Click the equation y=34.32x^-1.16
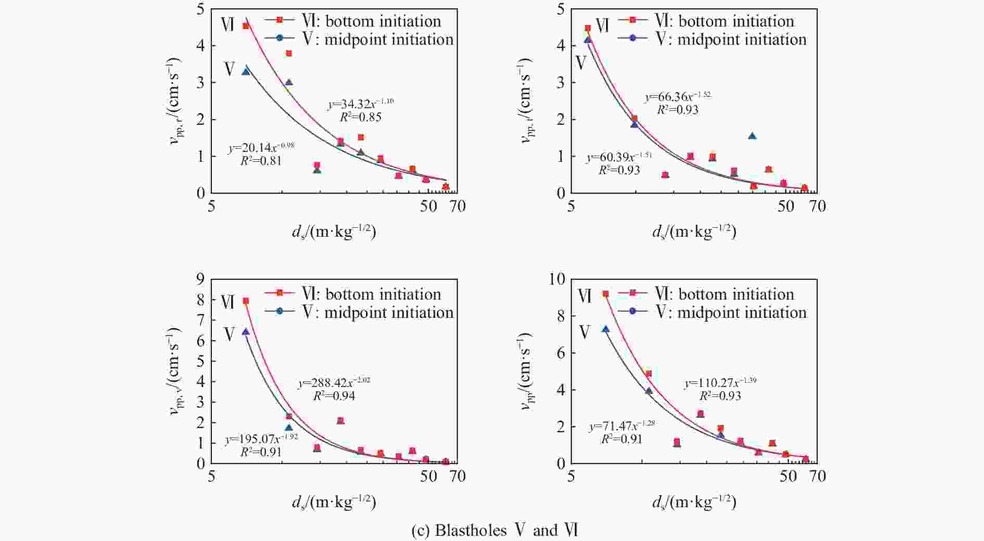click(x=360, y=104)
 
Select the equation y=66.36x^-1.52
click(x=677, y=97)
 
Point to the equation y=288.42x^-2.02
click(x=334, y=383)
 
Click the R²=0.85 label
click(x=360, y=117)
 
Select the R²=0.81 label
click(x=261, y=161)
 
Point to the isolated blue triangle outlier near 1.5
click(x=752, y=136)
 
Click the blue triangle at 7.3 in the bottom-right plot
click(x=605, y=329)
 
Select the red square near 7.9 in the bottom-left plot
click(x=246, y=301)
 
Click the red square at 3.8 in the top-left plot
click(x=289, y=53)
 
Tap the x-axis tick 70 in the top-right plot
click(x=818, y=207)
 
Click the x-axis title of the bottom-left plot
click(x=334, y=503)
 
